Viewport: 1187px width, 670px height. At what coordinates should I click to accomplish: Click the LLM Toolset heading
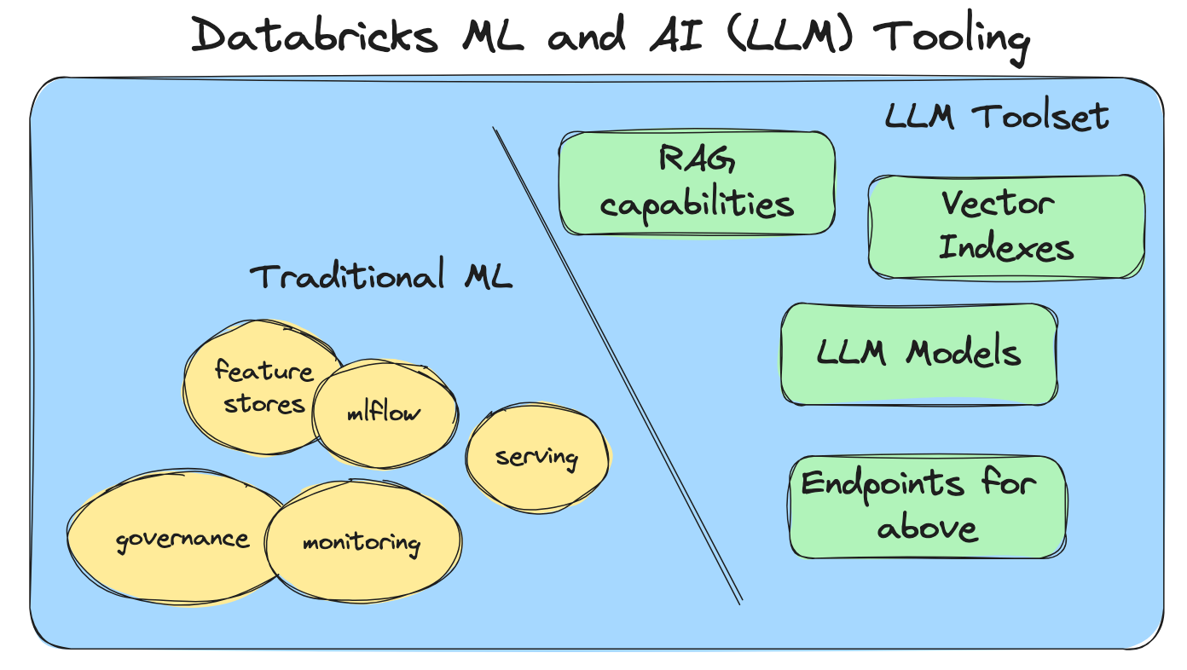tap(997, 116)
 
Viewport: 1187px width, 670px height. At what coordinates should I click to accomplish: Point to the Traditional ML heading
tap(380, 276)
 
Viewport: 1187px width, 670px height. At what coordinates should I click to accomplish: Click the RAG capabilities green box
tap(697, 182)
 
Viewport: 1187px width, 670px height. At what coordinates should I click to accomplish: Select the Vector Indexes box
tap(1006, 227)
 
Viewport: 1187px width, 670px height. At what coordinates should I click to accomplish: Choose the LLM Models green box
tap(919, 353)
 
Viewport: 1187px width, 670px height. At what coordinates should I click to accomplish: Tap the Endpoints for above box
tap(928, 507)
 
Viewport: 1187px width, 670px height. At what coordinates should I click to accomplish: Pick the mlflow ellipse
tap(384, 414)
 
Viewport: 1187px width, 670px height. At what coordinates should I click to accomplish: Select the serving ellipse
tap(537, 457)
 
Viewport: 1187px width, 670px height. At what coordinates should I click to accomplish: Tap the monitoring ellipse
tap(362, 542)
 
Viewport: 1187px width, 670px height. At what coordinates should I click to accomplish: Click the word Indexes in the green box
tap(1006, 249)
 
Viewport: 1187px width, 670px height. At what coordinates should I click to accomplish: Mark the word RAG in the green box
tap(697, 159)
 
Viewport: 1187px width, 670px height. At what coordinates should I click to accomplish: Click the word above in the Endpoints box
tap(927, 528)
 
